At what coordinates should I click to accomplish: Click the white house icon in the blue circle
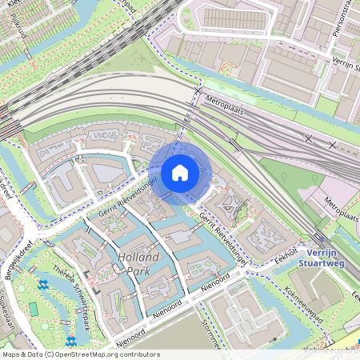pos(180,172)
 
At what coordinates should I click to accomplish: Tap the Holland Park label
pos(138,263)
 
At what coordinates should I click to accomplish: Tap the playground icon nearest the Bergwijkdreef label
pos(43,284)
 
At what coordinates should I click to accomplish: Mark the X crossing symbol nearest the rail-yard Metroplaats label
pos(308,138)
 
